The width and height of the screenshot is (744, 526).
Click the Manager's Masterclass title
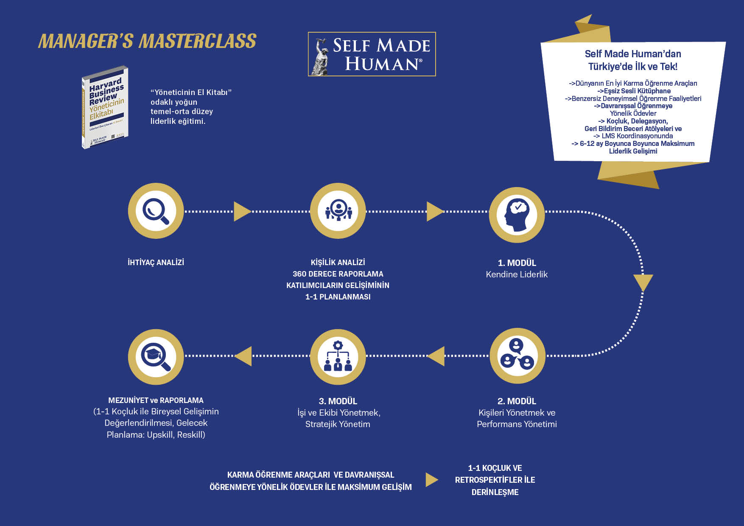point(147,41)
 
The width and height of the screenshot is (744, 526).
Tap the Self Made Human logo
point(372,54)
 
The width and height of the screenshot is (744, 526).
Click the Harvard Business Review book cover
point(105,107)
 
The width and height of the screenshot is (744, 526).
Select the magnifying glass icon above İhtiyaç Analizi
point(156,211)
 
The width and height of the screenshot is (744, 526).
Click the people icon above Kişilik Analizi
point(338,211)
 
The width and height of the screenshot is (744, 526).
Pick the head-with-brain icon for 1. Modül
point(517,215)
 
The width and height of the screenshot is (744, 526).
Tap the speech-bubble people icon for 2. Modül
point(517,355)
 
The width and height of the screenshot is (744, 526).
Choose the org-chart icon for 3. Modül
point(338,357)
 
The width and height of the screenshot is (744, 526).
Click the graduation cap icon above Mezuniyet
point(156,357)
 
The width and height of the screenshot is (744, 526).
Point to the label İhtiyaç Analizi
point(156,263)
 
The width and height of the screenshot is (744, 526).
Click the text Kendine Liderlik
point(517,274)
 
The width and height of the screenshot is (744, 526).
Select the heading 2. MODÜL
point(517,401)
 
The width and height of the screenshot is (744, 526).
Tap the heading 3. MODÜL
point(338,401)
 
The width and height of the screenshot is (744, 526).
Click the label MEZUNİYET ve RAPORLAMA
point(156,400)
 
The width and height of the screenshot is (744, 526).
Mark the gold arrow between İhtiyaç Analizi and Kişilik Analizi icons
point(242,211)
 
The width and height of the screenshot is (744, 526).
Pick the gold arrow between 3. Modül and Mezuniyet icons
point(243,356)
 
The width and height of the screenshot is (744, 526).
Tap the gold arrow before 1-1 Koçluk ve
point(431,480)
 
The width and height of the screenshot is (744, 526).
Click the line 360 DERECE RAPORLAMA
point(338,274)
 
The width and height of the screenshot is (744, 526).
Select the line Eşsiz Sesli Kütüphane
point(634,91)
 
